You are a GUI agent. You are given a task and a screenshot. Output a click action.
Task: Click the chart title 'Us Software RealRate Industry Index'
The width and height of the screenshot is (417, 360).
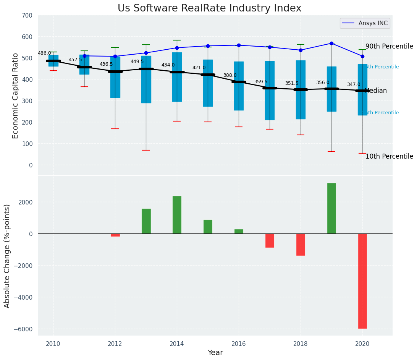click(209, 8)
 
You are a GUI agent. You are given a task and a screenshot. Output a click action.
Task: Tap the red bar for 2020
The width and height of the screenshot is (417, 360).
click(362, 281)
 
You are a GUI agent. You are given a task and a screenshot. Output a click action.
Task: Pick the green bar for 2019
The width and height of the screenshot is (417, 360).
click(331, 208)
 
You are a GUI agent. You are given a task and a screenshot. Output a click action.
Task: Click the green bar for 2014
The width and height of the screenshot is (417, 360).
click(177, 215)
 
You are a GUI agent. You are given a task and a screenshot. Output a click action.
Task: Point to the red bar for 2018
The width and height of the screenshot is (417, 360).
click(301, 245)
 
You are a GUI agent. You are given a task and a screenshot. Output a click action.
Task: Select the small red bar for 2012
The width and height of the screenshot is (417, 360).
click(115, 235)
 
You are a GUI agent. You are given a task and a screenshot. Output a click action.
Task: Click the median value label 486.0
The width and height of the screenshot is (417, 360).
click(44, 53)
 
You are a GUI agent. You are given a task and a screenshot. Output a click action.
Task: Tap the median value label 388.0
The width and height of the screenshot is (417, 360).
click(230, 75)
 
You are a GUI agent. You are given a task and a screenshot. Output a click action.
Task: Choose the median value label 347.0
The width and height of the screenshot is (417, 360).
click(354, 84)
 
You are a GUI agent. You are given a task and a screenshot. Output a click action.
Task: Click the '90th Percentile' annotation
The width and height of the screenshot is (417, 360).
click(389, 46)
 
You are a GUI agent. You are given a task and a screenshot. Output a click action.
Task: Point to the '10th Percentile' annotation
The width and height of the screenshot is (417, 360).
click(389, 156)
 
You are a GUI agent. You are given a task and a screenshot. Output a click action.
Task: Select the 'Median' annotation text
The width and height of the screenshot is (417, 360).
click(376, 91)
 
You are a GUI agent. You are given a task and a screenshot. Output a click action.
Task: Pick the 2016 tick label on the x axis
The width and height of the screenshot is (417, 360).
click(239, 344)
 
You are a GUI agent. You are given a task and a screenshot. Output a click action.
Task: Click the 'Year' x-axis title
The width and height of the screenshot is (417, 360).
click(215, 353)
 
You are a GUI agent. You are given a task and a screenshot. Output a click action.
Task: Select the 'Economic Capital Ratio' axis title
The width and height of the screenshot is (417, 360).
click(15, 96)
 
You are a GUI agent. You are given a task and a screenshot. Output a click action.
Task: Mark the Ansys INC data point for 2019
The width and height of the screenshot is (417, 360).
click(331, 43)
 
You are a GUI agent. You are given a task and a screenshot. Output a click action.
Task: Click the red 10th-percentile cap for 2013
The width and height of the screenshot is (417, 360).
click(146, 150)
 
